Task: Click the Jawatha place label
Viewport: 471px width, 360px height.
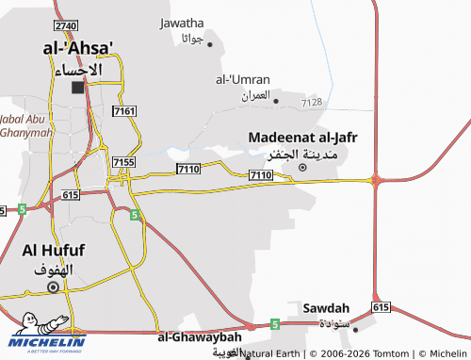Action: tap(182, 23)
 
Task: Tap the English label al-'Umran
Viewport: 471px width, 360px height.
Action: tap(243, 79)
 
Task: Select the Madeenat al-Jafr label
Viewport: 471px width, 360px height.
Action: tap(302, 138)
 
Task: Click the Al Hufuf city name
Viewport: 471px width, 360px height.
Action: tap(54, 251)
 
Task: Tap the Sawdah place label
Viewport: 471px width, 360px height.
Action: tap(326, 308)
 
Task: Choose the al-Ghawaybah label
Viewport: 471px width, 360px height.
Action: tap(200, 336)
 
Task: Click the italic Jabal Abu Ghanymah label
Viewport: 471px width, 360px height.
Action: tap(25, 125)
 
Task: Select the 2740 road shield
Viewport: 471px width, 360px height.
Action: tap(66, 25)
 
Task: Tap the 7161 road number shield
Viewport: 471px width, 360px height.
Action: tap(123, 111)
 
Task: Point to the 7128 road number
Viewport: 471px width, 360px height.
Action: tap(312, 102)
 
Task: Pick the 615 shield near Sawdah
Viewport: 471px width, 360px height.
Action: tap(381, 307)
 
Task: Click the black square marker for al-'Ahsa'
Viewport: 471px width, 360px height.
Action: tap(77, 88)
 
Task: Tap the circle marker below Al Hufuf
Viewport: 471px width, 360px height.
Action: tap(54, 286)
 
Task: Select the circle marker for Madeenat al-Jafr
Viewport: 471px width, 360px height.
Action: tap(302, 168)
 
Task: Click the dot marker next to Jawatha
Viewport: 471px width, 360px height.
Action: tap(209, 43)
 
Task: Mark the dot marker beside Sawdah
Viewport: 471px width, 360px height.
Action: tap(356, 328)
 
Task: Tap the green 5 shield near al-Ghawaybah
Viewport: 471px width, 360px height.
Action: tap(274, 324)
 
